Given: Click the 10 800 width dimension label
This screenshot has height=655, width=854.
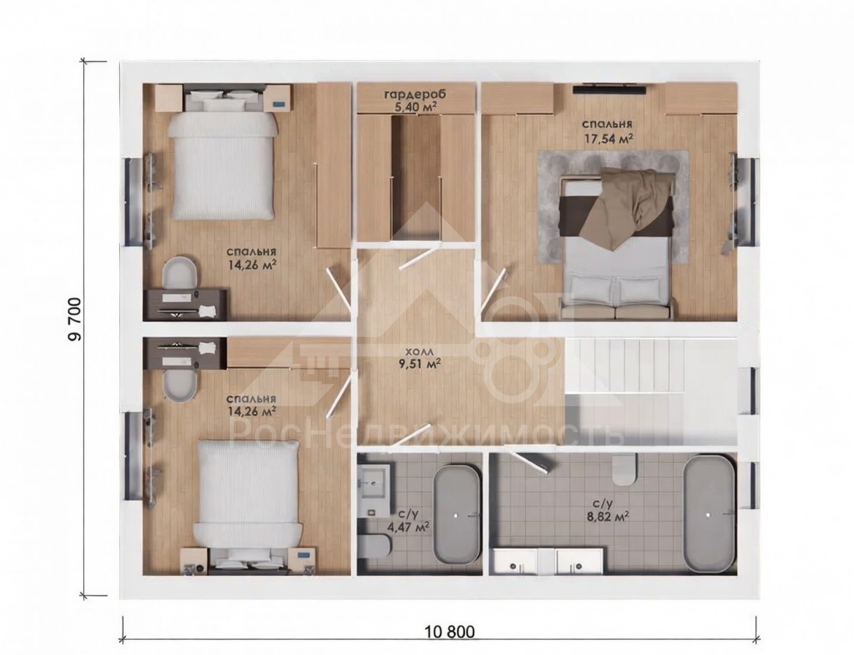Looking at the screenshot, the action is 450,632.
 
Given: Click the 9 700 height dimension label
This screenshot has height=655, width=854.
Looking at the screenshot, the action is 75,319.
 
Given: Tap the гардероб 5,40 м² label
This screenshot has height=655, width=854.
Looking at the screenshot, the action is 415,100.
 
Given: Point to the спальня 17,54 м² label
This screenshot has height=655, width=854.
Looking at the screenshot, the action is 608,131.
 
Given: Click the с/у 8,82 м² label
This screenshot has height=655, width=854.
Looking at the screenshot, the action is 611,509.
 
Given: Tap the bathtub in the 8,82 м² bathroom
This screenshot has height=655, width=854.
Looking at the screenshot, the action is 708,515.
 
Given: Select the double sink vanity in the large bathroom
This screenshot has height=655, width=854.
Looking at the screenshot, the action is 549,561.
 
